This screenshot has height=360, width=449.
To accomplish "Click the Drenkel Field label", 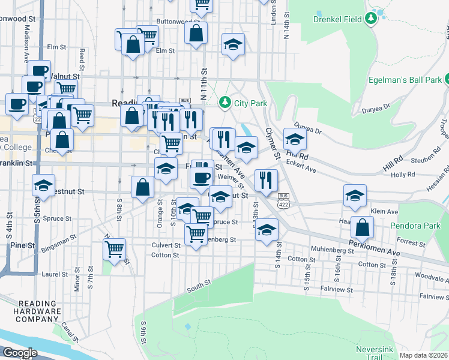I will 337,19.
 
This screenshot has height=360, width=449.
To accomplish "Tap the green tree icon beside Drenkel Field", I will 372,19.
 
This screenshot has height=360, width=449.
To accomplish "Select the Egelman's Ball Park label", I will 410,79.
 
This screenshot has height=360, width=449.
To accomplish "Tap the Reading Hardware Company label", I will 39,311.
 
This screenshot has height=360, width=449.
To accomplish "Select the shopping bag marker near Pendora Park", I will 363,228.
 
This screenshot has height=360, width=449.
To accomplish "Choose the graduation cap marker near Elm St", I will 233,44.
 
